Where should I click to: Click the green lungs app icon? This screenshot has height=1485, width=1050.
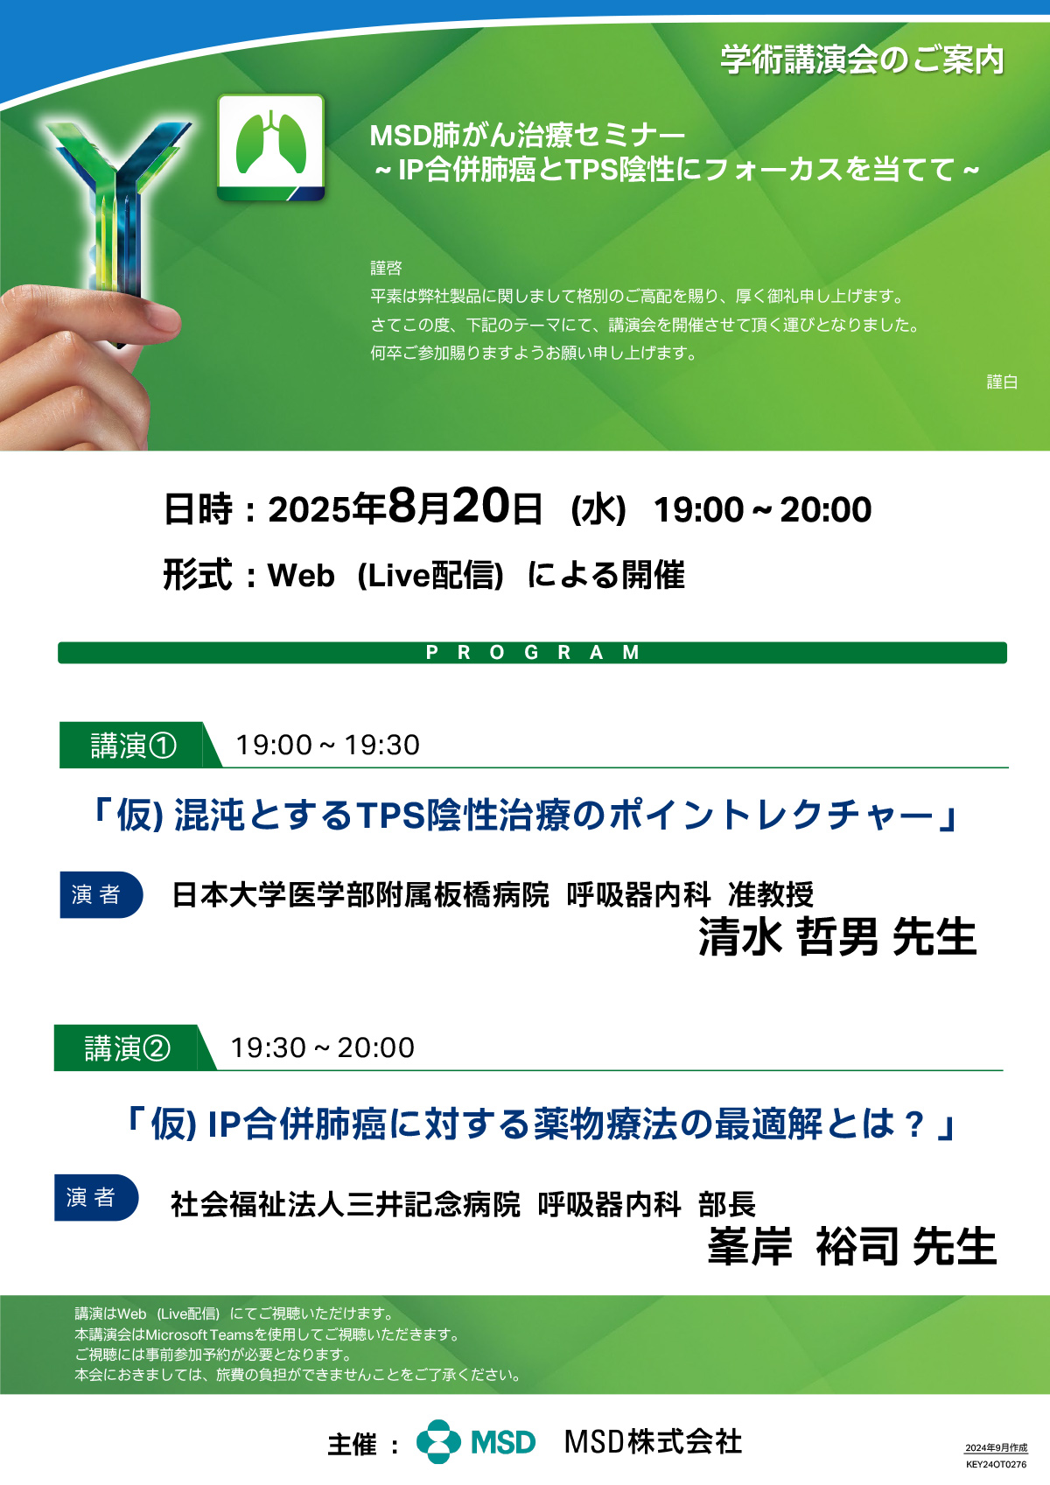coord(271,148)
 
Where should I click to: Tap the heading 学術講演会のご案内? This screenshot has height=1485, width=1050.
coord(863,60)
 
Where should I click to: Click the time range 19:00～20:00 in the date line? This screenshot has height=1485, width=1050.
coord(762,510)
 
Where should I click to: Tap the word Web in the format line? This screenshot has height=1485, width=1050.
coord(300,575)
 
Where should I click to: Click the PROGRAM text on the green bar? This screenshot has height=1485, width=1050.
coord(532,652)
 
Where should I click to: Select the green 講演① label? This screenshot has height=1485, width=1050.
coord(133,746)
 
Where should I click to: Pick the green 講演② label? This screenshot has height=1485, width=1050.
coord(127,1048)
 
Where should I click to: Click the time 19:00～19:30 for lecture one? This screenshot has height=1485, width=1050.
coord(327,746)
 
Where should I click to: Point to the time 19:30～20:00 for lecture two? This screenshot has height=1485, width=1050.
coord(322,1048)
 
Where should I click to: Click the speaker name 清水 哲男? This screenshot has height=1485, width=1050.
coord(788,936)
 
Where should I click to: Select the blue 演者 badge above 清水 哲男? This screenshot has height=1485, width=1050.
coord(101,895)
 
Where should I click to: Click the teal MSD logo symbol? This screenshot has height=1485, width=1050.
coord(439,1442)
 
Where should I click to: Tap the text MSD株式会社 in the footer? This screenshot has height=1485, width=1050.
coord(653,1442)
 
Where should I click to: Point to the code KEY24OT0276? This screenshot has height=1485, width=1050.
coord(996,1465)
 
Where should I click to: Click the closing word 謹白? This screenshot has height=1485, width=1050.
coord(1002,382)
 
